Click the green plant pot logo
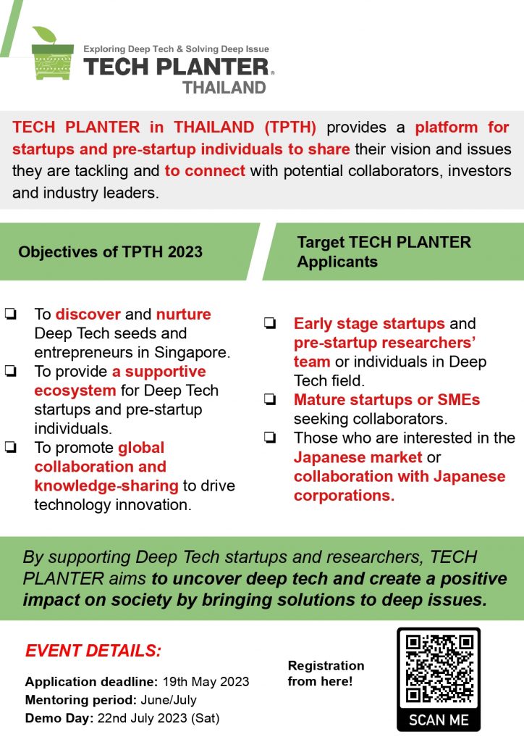(52, 54)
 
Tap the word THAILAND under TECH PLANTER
(224, 88)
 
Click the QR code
(439, 669)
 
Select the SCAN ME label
(439, 720)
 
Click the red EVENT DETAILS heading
(93, 651)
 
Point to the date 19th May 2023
(206, 681)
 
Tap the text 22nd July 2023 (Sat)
(159, 718)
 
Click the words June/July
(169, 700)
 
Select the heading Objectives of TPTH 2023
(111, 251)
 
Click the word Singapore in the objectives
(192, 353)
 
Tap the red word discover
(88, 314)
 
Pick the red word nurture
(184, 314)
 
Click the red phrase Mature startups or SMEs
(387, 400)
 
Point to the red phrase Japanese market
(358, 457)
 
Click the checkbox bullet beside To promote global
(11, 447)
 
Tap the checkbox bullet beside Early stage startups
(270, 323)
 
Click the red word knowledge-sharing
(106, 486)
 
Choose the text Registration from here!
(326, 673)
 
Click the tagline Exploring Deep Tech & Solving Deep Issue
(177, 49)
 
